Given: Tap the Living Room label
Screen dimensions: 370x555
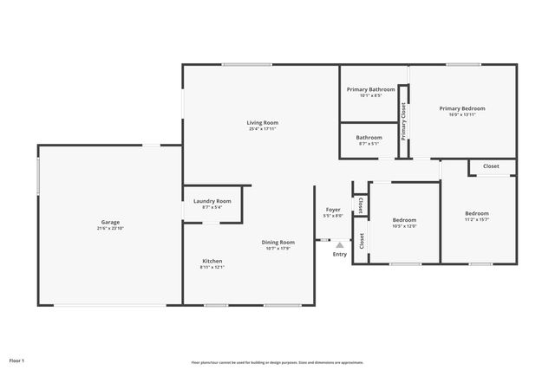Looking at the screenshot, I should pos(263,123).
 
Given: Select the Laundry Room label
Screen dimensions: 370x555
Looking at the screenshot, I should pos(212,201).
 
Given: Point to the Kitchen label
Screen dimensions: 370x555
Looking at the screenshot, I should pos(212,261).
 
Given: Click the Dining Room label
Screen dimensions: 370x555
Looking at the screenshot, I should pos(279,242).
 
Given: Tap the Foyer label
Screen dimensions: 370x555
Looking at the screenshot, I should pos(333,209).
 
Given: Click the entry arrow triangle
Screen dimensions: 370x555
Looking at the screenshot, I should pos(339,245).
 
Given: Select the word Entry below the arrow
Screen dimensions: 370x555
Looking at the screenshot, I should pos(339,254).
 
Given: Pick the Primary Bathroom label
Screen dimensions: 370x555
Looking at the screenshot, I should pos(370,89).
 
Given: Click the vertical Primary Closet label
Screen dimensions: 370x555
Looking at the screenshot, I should pos(403,122).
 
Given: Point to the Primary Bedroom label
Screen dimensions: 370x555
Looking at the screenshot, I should pos(461,108).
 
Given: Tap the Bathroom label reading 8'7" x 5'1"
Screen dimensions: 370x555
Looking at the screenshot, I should pos(369,137).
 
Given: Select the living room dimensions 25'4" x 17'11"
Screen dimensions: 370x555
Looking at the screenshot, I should pos(263,129).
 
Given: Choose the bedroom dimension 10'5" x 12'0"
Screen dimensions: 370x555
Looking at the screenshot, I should pos(404,226).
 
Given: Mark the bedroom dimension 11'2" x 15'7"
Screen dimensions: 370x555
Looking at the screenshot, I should pos(476,219).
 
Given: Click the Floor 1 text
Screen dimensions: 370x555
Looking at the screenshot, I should pos(17,360).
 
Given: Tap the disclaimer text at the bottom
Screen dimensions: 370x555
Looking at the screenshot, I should pos(277,362).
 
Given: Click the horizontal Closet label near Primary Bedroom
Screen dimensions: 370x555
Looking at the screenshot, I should pos(491,166).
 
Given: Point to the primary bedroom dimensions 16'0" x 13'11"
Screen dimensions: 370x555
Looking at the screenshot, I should pos(461,114).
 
